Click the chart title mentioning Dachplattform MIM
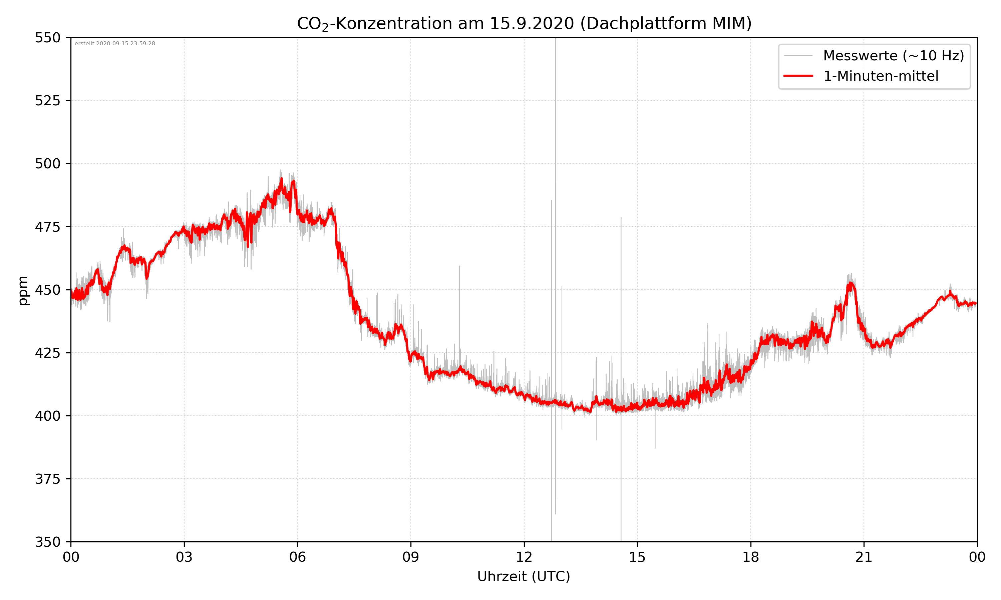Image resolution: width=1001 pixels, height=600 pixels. [524, 23]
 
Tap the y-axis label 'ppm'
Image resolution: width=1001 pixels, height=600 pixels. [23, 290]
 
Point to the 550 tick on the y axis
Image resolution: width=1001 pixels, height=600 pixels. [47, 38]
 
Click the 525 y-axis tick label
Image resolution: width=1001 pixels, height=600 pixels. [47, 101]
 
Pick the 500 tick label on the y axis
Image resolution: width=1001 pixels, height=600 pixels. [47, 164]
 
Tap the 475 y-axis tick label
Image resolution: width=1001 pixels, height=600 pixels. [47, 227]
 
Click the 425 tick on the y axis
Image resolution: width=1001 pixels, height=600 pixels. [47, 353]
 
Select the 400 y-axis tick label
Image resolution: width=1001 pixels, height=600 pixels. [47, 416]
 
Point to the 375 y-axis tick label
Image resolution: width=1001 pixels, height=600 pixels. [47, 479]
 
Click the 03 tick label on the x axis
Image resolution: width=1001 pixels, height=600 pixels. [184, 557]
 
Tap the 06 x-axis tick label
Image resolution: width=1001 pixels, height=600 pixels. [297, 557]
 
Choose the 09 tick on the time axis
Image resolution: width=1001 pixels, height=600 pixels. [411, 557]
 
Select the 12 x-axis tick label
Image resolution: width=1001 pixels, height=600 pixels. [524, 557]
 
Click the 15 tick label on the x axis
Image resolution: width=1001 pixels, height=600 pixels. [637, 557]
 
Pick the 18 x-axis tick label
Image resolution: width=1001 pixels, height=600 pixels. [750, 557]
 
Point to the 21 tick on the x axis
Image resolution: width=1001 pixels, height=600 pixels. [864, 557]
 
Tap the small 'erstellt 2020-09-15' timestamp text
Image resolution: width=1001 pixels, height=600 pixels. [115, 44]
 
